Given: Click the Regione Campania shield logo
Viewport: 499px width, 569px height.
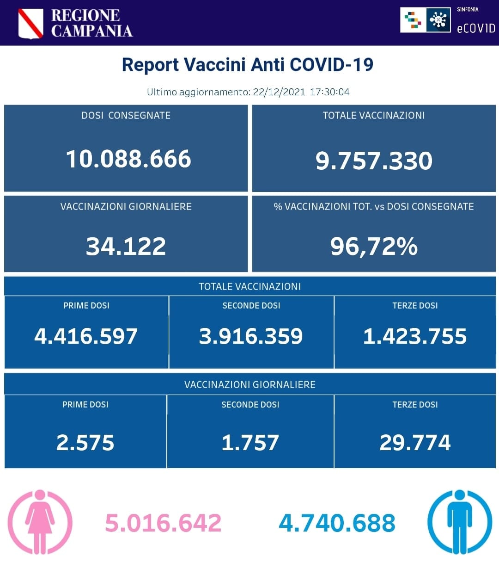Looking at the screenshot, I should pyautogui.click(x=30, y=24).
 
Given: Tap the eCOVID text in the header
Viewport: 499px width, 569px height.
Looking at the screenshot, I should pyautogui.click(x=476, y=28).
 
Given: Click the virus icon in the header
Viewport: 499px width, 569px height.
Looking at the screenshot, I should pyautogui.click(x=438, y=20).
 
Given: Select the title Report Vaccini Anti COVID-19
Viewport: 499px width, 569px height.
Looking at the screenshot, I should pyautogui.click(x=248, y=65).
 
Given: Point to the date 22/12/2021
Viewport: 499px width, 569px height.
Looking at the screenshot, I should pyautogui.click(x=279, y=92).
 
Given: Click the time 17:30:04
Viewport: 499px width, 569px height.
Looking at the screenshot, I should pyautogui.click(x=329, y=92).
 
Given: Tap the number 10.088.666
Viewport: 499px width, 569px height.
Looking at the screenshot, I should pyautogui.click(x=128, y=159).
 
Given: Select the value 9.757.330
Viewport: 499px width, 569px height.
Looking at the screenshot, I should pyautogui.click(x=374, y=161).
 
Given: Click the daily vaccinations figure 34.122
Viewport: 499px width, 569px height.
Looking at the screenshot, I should pyautogui.click(x=126, y=246).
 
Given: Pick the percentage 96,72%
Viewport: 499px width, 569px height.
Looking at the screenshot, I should pyautogui.click(x=374, y=246).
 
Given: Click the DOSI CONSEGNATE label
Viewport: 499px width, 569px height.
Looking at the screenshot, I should pyautogui.click(x=126, y=116).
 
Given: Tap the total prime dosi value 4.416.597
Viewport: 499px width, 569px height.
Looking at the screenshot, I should pyautogui.click(x=86, y=336).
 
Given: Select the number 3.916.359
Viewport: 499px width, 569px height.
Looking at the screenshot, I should pyautogui.click(x=251, y=336).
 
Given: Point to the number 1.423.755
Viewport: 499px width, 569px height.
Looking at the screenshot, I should pyautogui.click(x=415, y=336).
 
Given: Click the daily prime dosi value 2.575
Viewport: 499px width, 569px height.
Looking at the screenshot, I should pyautogui.click(x=85, y=443).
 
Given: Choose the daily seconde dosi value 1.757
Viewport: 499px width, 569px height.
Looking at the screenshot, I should pyautogui.click(x=250, y=443).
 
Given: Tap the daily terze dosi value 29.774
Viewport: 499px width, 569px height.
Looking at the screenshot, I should pyautogui.click(x=415, y=443).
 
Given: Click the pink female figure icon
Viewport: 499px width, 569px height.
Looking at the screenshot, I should pyautogui.click(x=40, y=522).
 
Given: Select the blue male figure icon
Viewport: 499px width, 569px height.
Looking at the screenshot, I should pyautogui.click(x=459, y=522).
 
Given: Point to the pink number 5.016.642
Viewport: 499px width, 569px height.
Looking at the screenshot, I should pyautogui.click(x=163, y=523).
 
